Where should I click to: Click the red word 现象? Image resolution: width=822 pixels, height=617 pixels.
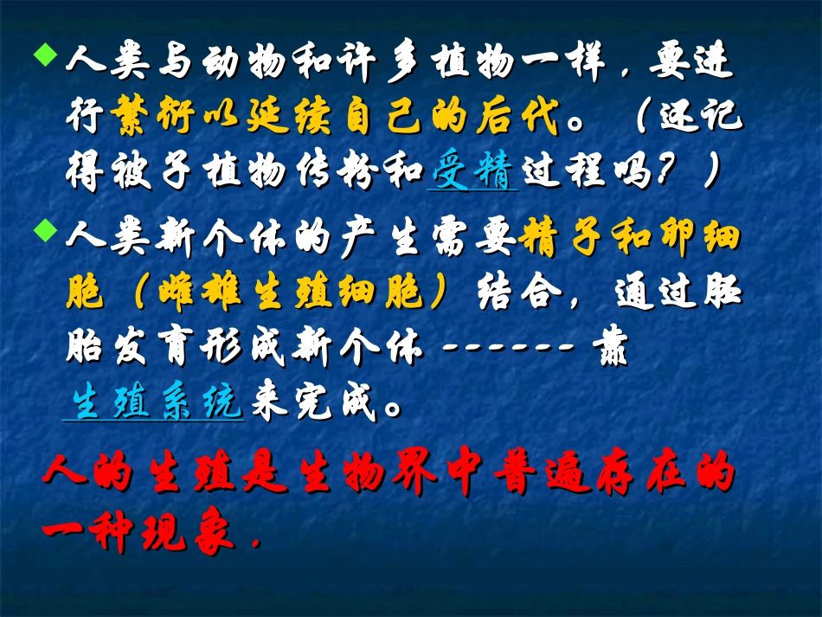189,533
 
